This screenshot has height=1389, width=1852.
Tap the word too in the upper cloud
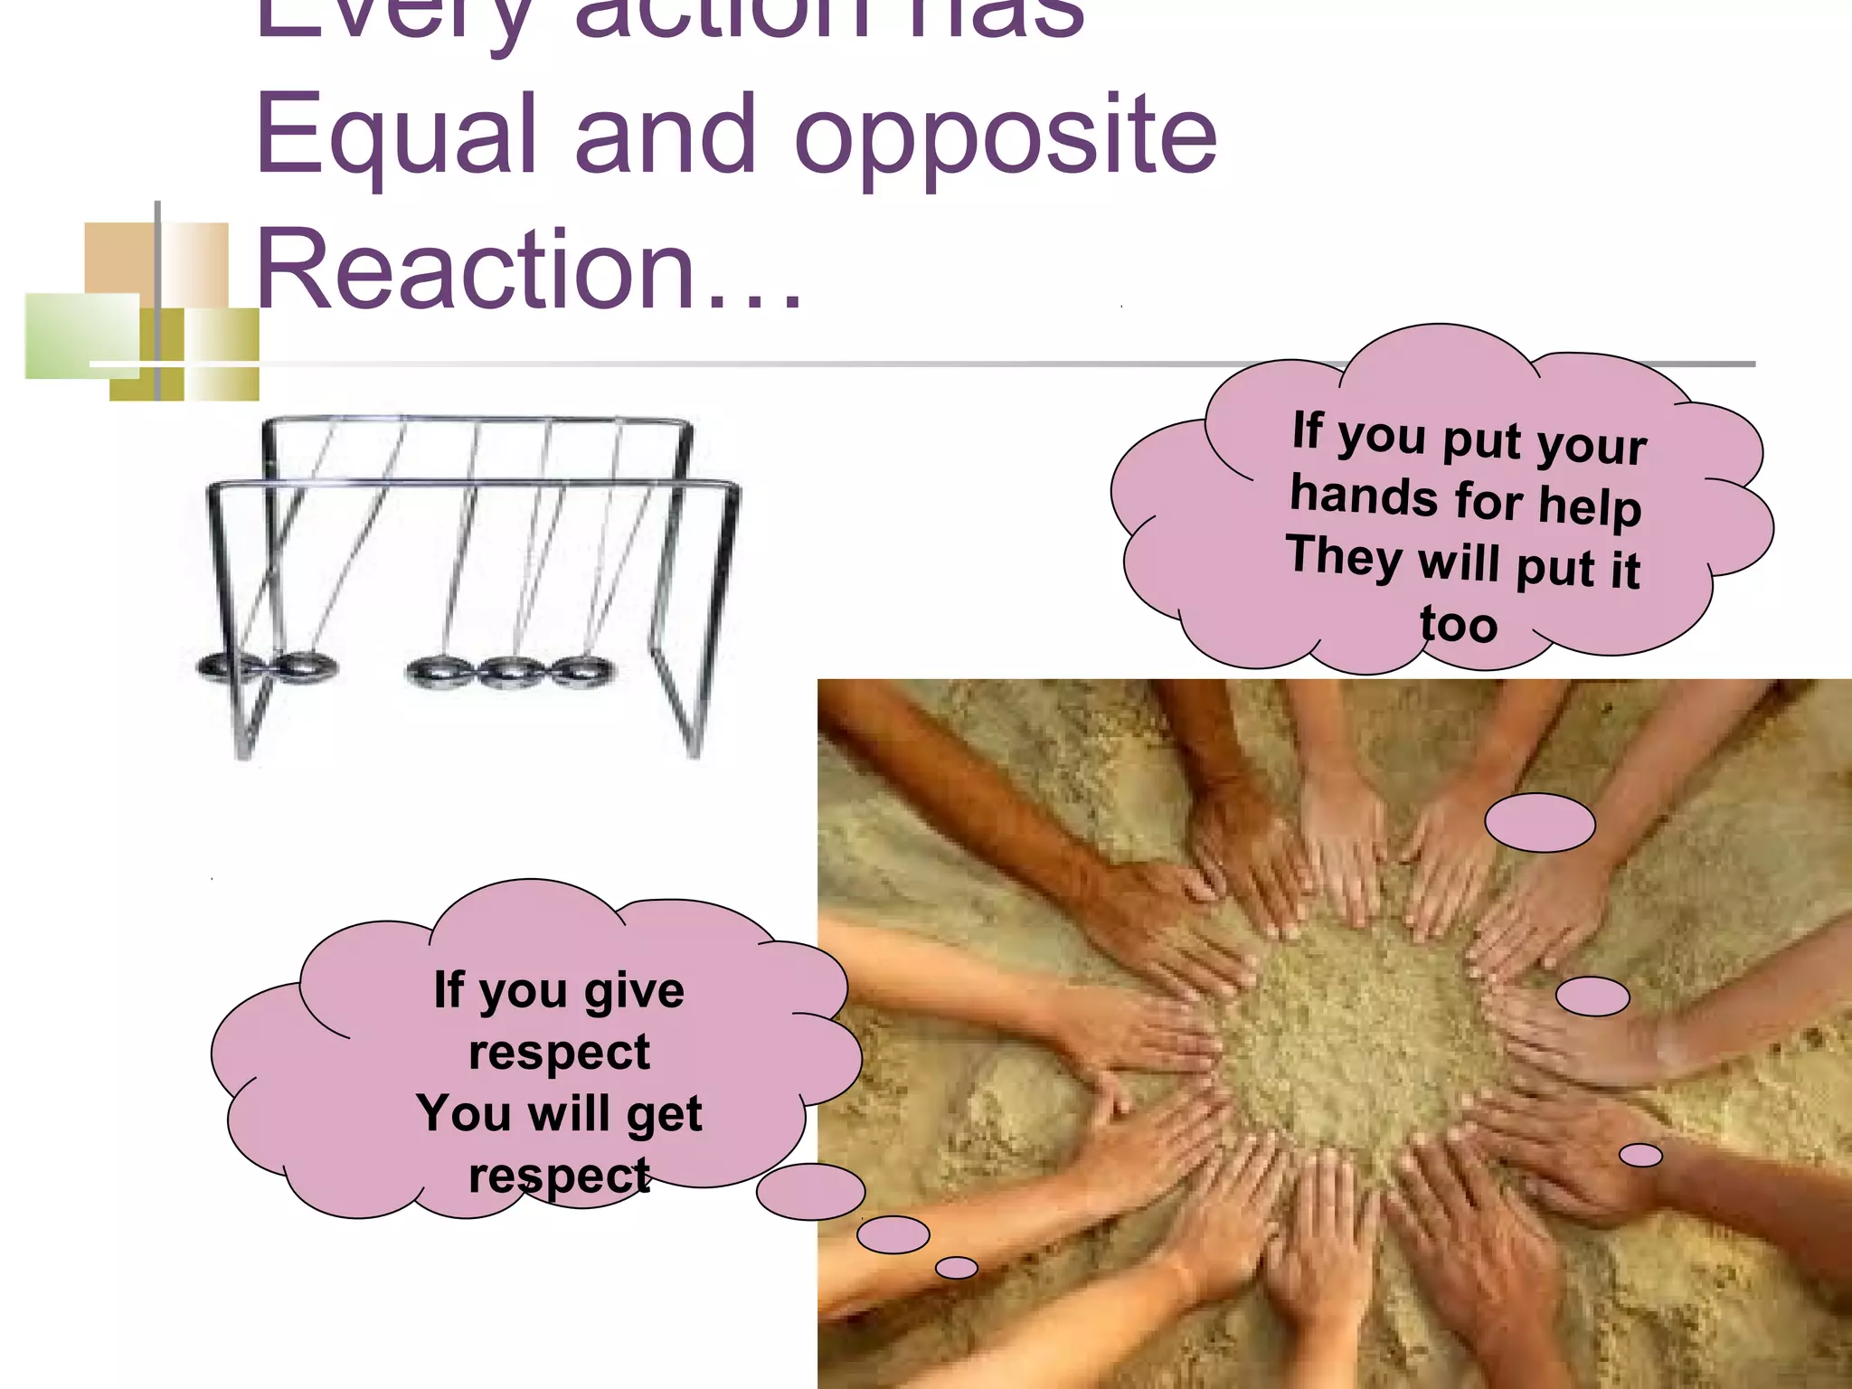[1458, 625]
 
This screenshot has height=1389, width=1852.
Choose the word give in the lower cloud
[634, 992]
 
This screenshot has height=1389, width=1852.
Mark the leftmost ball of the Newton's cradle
[222, 666]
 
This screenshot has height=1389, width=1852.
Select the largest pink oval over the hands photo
[1539, 823]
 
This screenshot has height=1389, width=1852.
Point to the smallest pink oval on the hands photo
[1640, 1155]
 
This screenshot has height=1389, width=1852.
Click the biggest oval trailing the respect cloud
[811, 1192]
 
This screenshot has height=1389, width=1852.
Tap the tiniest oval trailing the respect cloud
[956, 1268]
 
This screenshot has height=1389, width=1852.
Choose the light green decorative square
[81, 335]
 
